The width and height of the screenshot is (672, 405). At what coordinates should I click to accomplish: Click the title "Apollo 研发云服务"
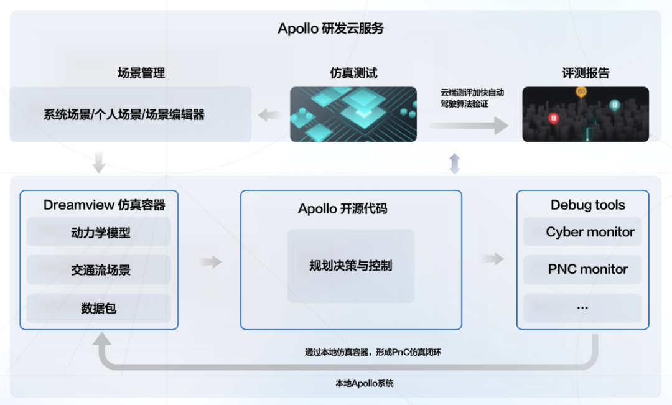[330, 28]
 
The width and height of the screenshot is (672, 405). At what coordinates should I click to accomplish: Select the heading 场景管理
[141, 73]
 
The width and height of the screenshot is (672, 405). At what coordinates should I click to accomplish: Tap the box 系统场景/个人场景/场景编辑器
[130, 114]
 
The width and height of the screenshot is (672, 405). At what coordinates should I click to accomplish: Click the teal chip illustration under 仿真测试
[353, 114]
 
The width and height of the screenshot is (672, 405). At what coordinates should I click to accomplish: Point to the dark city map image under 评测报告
[586, 114]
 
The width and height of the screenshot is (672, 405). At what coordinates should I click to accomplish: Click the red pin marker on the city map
[553, 118]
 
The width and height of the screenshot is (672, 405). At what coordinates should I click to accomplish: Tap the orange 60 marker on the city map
[581, 92]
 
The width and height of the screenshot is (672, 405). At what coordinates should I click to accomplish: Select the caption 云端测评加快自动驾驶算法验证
[472, 98]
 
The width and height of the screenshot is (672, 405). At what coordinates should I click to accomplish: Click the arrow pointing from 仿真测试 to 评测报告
[469, 126]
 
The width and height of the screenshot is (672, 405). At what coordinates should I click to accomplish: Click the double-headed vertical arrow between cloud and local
[455, 163]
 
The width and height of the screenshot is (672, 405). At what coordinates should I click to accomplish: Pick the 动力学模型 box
[98, 232]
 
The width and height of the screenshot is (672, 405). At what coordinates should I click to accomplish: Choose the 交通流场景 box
[98, 269]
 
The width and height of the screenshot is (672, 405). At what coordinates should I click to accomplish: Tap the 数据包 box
[98, 308]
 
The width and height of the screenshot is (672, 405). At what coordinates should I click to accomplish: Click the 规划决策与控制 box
[351, 266]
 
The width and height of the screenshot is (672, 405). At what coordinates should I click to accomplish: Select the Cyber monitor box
[583, 232]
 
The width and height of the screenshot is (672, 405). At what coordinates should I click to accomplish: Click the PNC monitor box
[583, 269]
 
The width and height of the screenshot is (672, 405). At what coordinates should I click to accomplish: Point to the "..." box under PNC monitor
[583, 308]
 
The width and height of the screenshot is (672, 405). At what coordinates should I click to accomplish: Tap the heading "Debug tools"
[587, 205]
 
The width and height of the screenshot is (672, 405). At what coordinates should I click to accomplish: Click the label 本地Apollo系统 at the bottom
[364, 383]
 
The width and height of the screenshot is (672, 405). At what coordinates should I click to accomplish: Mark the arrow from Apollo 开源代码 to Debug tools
[492, 258]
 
